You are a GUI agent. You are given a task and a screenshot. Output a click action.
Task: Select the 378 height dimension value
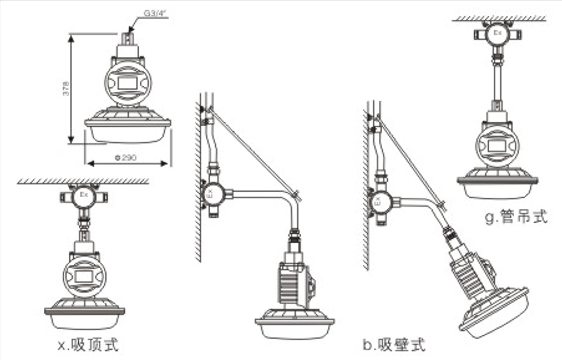pyautogui.click(x=65, y=89)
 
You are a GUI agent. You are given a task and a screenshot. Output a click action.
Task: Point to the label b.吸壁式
pyautogui.click(x=394, y=343)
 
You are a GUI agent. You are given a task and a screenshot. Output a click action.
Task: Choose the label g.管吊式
pyautogui.click(x=516, y=216)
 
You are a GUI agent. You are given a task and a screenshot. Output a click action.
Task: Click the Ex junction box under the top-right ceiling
pyautogui.click(x=497, y=34)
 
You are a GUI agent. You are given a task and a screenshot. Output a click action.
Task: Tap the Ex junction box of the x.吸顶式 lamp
pyautogui.click(x=84, y=195)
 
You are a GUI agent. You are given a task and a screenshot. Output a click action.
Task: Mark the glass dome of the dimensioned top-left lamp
pyautogui.click(x=127, y=134)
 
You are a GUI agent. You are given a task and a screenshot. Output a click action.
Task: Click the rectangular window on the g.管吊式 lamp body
pyautogui.click(x=497, y=145)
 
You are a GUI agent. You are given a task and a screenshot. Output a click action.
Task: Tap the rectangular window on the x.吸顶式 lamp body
pyautogui.click(x=84, y=277)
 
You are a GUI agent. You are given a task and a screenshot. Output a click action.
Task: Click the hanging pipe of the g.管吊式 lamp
pyautogui.click(x=498, y=79)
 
